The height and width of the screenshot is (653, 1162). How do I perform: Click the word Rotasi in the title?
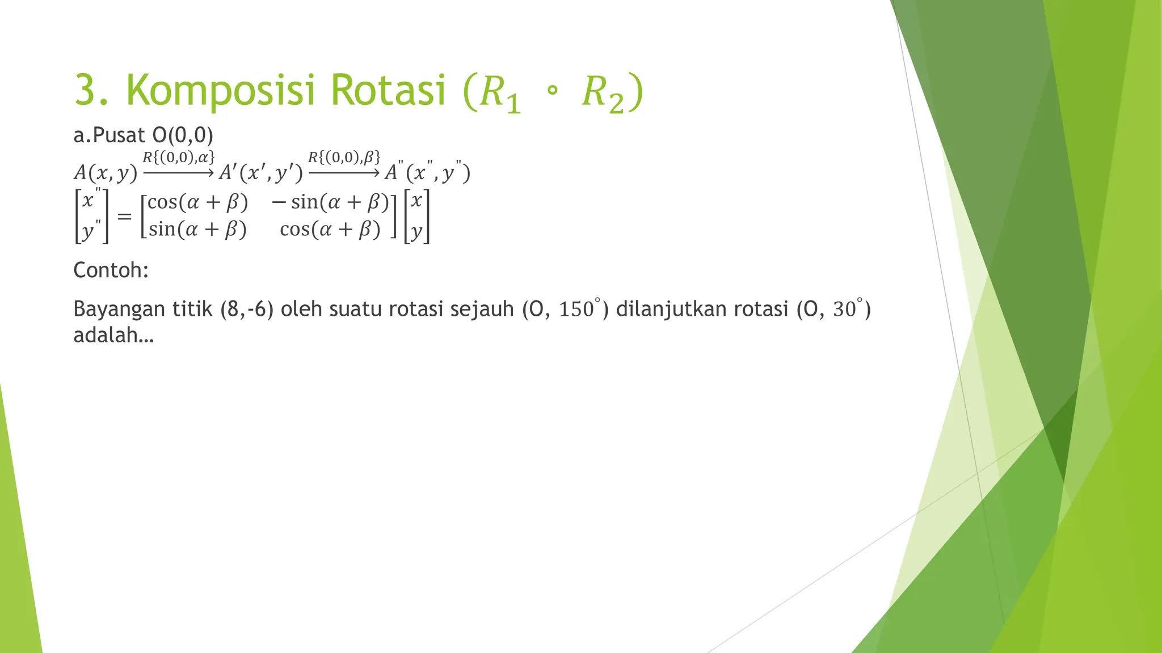tap(388, 90)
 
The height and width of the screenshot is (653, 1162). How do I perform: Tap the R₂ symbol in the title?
tap(603, 94)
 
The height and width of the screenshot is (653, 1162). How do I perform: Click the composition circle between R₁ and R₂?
tap(552, 91)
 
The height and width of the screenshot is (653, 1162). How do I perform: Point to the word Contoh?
tap(111, 270)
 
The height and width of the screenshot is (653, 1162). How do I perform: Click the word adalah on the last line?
tap(113, 336)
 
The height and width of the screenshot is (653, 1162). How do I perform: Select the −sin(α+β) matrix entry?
tap(330, 202)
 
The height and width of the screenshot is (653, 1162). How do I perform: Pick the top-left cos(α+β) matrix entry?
tap(198, 202)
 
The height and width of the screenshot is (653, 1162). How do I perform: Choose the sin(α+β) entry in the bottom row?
tap(198, 230)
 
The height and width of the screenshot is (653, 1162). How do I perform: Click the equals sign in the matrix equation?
tap(124, 216)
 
